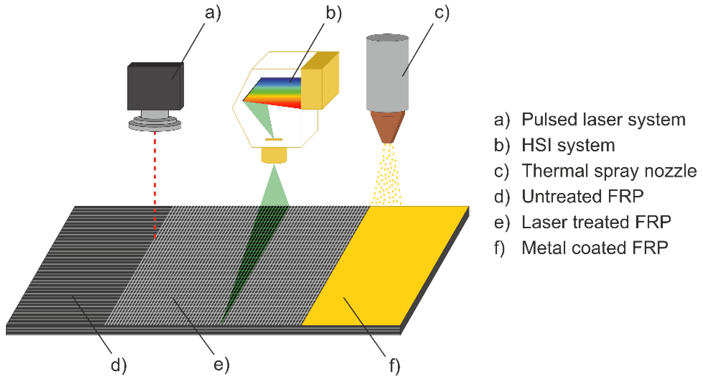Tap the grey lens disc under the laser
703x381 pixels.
pyautogui.click(x=155, y=124)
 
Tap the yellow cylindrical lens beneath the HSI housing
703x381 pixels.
pyautogui.click(x=274, y=155)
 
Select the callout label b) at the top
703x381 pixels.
pyautogui.click(x=334, y=13)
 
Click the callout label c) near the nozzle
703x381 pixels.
pyautogui.click(x=441, y=13)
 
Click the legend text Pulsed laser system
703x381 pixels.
pyautogui.click(x=603, y=120)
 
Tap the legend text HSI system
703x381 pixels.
pyautogui.click(x=568, y=145)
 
